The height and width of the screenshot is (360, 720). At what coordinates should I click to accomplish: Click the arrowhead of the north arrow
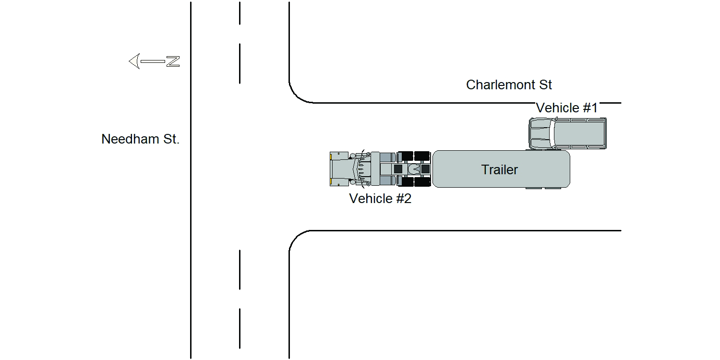click(x=135, y=61)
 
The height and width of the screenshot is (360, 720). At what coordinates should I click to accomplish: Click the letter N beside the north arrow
click(x=173, y=61)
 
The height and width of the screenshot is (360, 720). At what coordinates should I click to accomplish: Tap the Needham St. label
click(x=140, y=139)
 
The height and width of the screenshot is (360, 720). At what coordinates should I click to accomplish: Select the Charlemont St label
click(x=509, y=85)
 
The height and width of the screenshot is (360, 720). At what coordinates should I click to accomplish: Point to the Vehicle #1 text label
click(x=567, y=108)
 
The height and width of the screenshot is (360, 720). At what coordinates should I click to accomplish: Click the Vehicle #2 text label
click(x=380, y=198)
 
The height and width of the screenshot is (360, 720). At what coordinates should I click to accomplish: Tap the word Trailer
click(x=500, y=170)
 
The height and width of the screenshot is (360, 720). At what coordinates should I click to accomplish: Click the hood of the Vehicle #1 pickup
click(x=540, y=133)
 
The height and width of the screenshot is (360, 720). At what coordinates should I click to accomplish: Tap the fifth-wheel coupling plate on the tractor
click(x=414, y=169)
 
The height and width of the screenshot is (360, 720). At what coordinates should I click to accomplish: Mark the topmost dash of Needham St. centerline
click(x=240, y=13)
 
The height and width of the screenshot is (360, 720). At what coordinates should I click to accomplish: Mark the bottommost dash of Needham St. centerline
click(x=240, y=328)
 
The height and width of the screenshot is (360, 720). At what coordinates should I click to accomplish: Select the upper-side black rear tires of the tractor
click(x=414, y=156)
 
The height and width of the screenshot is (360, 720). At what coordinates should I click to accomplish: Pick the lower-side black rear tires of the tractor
click(x=414, y=181)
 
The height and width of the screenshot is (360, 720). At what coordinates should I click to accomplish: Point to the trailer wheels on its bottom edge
click(x=543, y=188)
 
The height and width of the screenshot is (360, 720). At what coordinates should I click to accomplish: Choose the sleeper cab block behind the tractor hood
click(x=375, y=169)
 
